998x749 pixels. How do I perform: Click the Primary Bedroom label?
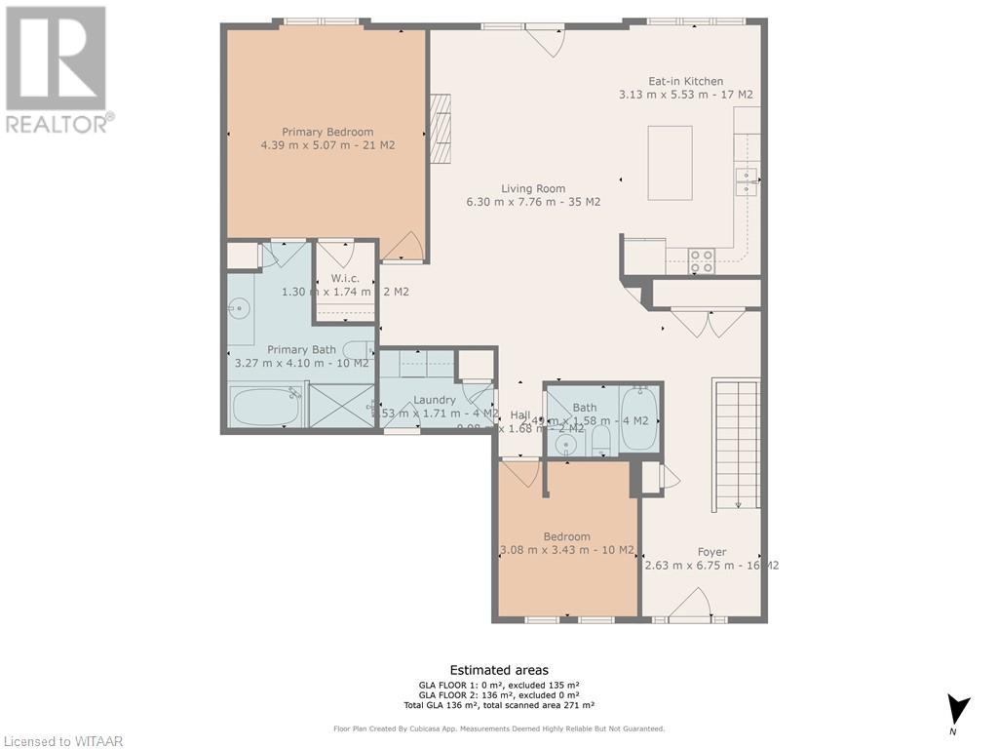[x=327, y=132]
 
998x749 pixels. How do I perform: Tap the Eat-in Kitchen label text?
[x=685, y=82]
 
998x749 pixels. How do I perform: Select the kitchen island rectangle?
[x=670, y=163]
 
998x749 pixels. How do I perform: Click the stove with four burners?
[x=702, y=260]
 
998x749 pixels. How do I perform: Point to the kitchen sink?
[x=746, y=181]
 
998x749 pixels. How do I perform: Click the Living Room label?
[x=533, y=189]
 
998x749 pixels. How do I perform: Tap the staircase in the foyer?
[x=737, y=444]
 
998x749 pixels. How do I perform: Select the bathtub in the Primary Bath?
[x=265, y=405]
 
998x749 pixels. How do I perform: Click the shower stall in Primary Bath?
[x=341, y=405]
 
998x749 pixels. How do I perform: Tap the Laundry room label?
[x=435, y=400]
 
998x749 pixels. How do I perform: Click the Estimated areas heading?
[x=498, y=670]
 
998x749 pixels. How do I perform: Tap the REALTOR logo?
[x=58, y=68]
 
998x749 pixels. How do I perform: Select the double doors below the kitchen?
[x=708, y=323]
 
